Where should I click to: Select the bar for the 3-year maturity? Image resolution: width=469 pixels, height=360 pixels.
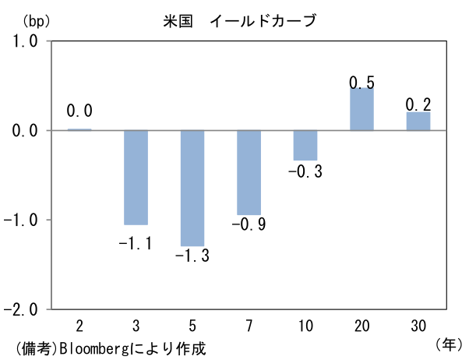pos(136,177)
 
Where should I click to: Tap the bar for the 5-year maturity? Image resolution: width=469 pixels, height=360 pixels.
pos(192,188)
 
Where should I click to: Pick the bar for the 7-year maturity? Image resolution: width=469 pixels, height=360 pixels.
pos(249,172)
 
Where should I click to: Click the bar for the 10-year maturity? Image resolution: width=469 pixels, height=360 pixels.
pos(305,145)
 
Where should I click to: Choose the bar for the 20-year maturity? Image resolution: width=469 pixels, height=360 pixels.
pos(361,109)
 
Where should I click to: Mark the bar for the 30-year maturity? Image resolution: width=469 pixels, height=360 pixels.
pos(418,122)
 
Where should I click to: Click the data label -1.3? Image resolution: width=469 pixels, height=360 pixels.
pos(192,256)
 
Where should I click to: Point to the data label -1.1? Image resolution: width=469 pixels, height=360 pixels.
pos(136,244)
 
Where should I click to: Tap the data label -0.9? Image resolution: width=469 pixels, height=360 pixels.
pos(249,225)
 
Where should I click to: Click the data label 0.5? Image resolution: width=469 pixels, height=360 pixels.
pos(362,82)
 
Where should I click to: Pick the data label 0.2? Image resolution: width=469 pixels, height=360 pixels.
pos(418,104)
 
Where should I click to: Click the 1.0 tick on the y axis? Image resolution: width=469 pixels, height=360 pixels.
pos(23,42)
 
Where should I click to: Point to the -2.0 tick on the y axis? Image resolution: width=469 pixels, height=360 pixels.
pos(20,309)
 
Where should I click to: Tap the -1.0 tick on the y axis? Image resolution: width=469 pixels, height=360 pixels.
pos(20,220)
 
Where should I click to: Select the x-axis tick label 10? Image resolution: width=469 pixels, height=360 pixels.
pos(305,323)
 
